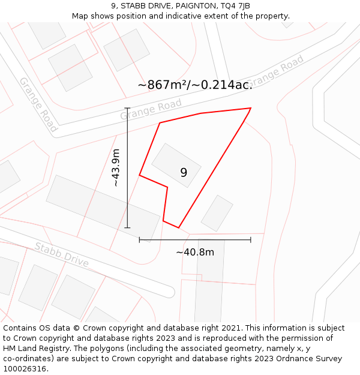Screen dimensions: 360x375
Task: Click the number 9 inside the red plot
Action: (184, 173)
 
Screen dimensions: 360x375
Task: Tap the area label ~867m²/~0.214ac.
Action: (195, 85)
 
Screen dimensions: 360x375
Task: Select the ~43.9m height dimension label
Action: (116, 168)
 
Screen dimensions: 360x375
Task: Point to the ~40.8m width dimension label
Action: (195, 252)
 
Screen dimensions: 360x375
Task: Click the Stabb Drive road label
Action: (61, 255)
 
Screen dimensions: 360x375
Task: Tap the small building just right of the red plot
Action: (217, 213)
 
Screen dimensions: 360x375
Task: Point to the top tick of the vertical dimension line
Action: (127, 109)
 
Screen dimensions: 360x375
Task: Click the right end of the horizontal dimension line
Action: (251, 240)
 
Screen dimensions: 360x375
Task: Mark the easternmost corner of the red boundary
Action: (251, 109)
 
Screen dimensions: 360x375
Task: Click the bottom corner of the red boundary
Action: (179, 227)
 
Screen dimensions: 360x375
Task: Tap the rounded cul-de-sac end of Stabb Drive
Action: (169, 292)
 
